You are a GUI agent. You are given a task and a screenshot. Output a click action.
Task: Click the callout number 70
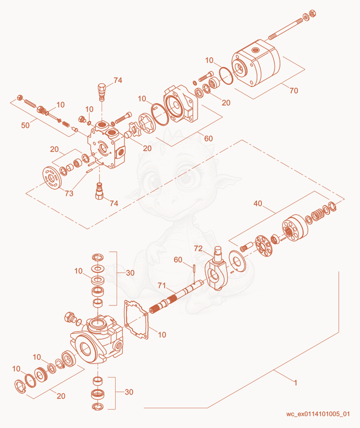[x=294, y=91]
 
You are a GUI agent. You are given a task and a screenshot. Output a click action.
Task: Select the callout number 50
[x=25, y=125]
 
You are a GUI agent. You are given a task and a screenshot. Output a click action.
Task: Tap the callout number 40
[x=258, y=203]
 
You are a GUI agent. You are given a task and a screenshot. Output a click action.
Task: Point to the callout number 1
[x=295, y=382]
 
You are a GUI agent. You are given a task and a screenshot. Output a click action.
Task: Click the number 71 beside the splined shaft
[x=162, y=285]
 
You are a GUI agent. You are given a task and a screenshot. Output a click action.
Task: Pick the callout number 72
[x=198, y=248]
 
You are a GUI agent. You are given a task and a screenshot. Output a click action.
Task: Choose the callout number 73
[x=69, y=193]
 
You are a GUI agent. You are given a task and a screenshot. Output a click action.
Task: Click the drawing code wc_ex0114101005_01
[x=318, y=414]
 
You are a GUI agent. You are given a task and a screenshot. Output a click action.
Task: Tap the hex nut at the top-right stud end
[x=313, y=14]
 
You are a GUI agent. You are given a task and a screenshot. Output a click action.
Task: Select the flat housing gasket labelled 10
[x=136, y=319]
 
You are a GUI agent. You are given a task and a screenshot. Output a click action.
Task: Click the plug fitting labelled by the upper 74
[x=101, y=91]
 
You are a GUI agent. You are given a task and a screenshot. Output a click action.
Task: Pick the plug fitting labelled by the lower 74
[x=99, y=191]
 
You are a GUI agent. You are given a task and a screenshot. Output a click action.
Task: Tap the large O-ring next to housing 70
[x=226, y=76]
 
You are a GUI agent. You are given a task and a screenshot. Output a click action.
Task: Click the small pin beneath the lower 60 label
[x=193, y=269]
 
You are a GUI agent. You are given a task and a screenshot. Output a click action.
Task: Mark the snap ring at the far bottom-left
[x=20, y=387]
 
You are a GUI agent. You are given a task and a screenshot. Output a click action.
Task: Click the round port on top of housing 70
[x=256, y=50]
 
